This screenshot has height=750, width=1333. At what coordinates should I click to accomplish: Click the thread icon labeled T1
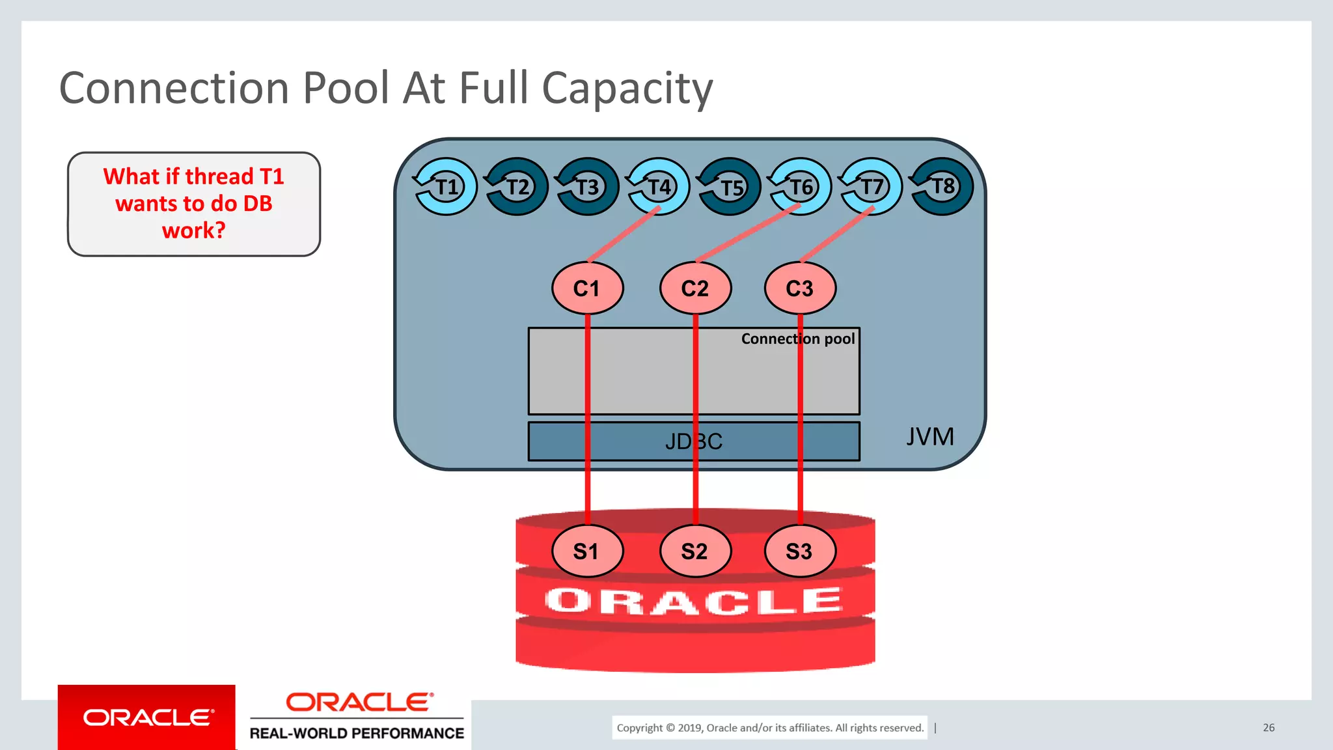[446, 187]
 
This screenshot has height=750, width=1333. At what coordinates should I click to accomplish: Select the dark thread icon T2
[517, 187]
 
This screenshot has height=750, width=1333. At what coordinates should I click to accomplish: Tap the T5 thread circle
[730, 187]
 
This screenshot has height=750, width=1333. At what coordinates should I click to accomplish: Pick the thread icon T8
[942, 187]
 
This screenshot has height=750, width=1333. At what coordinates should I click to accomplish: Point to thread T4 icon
[659, 187]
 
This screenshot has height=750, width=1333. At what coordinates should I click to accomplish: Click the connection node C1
[587, 288]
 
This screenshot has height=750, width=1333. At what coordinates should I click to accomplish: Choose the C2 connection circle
[695, 288]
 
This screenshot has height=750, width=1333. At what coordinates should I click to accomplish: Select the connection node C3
[800, 288]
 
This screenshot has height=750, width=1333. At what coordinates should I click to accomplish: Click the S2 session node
[695, 551]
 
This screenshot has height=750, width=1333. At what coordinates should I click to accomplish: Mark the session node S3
[800, 551]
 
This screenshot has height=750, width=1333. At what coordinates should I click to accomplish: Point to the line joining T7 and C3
[837, 234]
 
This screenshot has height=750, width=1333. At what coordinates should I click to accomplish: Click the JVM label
[930, 436]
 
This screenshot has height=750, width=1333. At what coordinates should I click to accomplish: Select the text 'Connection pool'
[798, 339]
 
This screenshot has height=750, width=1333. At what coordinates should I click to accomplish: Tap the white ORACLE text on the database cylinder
[694, 601]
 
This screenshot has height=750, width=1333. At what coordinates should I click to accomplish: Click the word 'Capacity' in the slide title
[627, 89]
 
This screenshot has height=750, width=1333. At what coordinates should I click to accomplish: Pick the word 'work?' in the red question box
[193, 230]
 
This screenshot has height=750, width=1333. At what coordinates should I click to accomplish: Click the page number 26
[1269, 727]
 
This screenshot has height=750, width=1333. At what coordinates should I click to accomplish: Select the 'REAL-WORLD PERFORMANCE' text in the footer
[357, 733]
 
